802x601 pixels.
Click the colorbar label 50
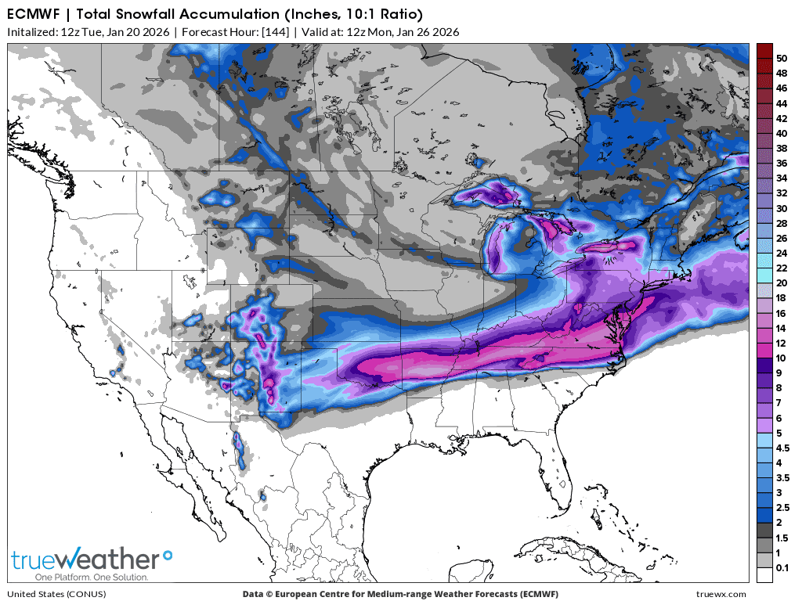coord(781,58)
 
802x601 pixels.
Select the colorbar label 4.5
coord(782,448)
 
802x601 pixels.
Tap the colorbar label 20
coord(781,283)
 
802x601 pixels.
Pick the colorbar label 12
coord(781,343)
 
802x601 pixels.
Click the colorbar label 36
coord(781,163)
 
